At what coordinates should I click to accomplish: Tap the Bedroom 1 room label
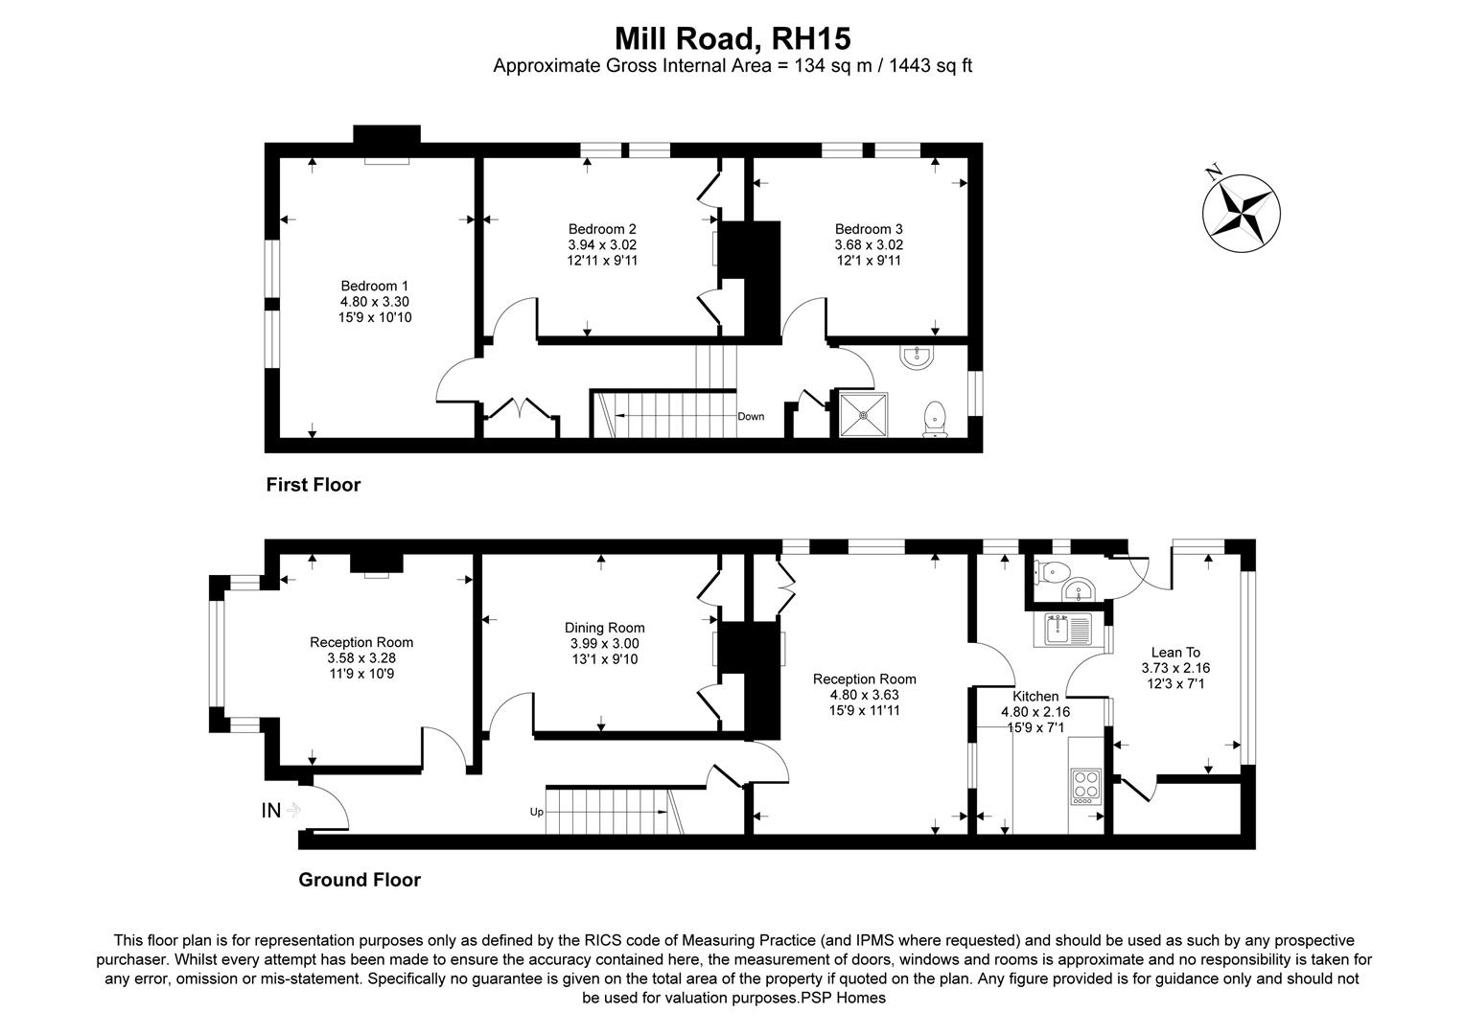pos(375,287)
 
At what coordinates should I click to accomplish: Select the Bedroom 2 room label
pos(602,229)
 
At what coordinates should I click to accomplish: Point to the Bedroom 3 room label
pos(869,229)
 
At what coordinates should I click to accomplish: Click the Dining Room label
pos(604,629)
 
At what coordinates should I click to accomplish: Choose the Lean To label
pos(1175,653)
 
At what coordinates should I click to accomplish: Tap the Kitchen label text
pos(1035,697)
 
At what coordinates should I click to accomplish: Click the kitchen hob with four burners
pos(1085,786)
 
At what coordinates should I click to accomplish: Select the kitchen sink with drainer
pos(1069,630)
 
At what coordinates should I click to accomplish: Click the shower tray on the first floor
pos(865,415)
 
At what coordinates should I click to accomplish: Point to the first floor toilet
pos(934,419)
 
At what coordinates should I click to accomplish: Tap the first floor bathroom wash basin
pos(917,357)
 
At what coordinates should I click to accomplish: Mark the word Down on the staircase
pos(751,417)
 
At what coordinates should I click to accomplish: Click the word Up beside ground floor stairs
pos(536,812)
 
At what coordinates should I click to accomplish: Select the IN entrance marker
pos(272,811)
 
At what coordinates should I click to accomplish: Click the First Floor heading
pos(314,485)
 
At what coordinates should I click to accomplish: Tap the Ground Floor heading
pos(360,880)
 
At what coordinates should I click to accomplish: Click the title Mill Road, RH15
pos(732,38)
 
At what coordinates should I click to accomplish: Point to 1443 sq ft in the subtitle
pos(933,66)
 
